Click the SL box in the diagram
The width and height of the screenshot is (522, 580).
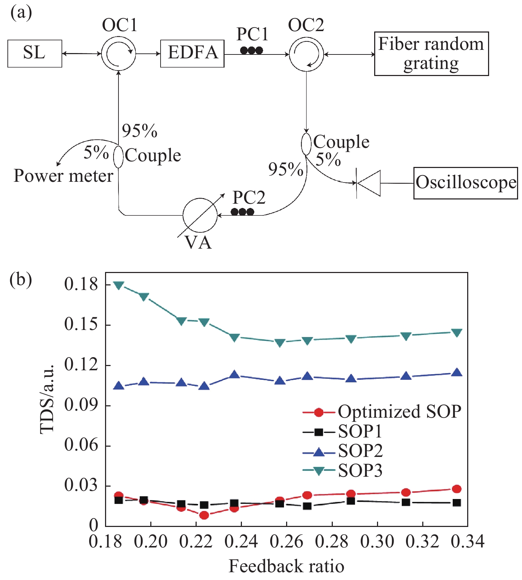[x=35, y=53]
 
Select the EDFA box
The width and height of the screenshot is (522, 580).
[x=192, y=53]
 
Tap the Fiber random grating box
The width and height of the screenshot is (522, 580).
[x=431, y=54]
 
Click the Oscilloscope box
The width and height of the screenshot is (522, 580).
[x=465, y=183]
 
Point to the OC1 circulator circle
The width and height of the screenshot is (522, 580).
[x=118, y=54]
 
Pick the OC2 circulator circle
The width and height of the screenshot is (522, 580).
[x=306, y=54]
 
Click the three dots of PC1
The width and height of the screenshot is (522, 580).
[x=251, y=51]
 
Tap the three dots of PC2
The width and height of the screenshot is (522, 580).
[x=242, y=212]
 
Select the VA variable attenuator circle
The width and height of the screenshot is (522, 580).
[x=200, y=215]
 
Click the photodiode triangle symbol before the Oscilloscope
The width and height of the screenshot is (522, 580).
[x=369, y=183]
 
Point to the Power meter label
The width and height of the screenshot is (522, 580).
[x=63, y=176]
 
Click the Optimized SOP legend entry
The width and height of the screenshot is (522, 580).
[x=382, y=412]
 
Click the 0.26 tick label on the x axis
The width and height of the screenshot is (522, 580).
[x=286, y=542]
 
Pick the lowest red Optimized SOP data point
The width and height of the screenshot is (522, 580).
[x=204, y=515]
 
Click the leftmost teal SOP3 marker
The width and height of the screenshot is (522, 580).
[x=119, y=285]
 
